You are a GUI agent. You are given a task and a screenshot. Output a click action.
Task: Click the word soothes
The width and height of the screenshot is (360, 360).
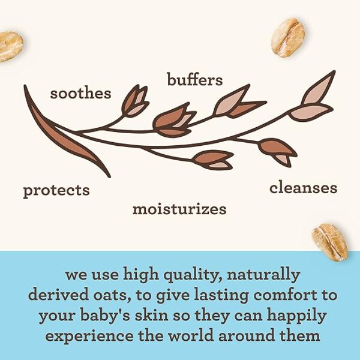pos(80,94)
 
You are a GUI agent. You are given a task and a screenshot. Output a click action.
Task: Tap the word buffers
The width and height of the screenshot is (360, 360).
pos(194,80)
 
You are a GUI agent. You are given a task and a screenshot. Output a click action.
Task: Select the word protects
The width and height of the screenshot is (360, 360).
pos(56,191)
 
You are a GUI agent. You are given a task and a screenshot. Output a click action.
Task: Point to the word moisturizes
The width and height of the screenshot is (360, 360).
pos(179,209)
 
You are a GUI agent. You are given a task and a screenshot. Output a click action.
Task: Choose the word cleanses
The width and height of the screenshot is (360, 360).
pos(303,188)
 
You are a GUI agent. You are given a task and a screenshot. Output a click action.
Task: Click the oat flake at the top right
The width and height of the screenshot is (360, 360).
pos(288,38)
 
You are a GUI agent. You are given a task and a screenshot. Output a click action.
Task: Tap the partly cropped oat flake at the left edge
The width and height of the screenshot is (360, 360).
pos(11,47)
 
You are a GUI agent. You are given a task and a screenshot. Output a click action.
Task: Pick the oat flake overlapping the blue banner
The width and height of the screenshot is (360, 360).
pos(330,242)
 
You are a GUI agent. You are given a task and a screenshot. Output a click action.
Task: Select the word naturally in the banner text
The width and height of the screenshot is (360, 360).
pos(263,275)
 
